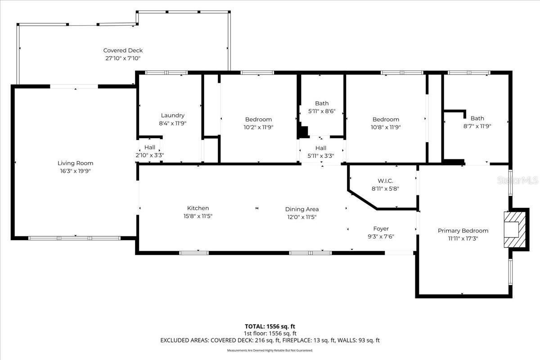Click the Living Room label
75,163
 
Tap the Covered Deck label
123,50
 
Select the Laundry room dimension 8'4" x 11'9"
173,123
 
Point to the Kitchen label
198,208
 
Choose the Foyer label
381,229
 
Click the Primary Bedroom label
463,230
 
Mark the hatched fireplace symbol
513,229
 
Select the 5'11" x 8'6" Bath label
322,111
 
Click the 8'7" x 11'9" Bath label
477,126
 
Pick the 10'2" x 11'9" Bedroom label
258,127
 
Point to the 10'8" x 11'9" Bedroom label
386,127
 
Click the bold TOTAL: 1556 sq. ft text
270,326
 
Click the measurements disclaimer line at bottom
270,350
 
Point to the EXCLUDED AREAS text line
270,341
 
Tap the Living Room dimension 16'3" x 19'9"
75,171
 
